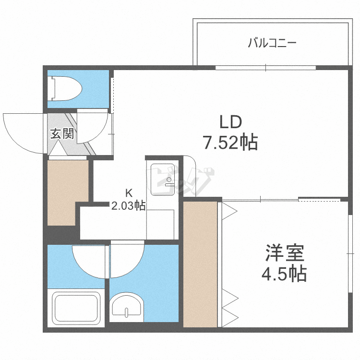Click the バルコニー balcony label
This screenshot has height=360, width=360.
[272, 44]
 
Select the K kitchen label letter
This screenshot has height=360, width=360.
[129, 193]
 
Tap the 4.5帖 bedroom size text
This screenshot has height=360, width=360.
[284, 274]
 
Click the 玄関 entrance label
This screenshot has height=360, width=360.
[62, 134]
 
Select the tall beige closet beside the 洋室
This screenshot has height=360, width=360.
[201, 264]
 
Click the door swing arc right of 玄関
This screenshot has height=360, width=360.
[91, 127]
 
